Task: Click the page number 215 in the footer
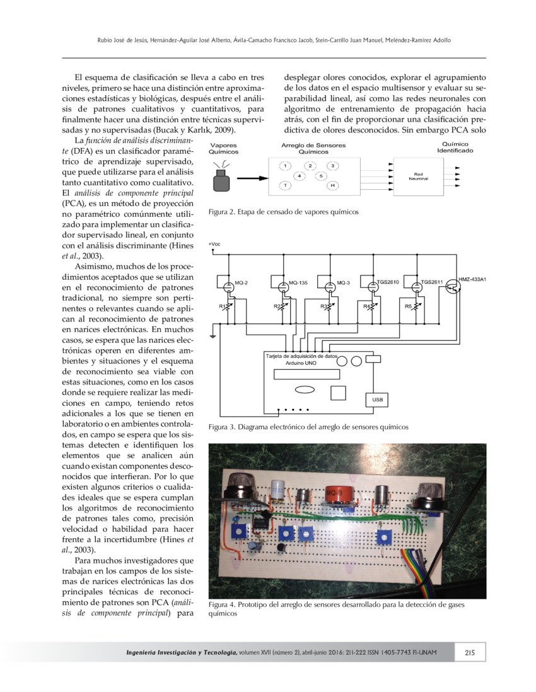point(469,652)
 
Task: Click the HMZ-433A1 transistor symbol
point(451,287)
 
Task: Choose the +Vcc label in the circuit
point(214,244)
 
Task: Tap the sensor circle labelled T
point(286,185)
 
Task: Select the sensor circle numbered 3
point(333,165)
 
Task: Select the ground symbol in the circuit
point(215,336)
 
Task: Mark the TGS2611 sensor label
point(433,283)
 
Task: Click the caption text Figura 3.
point(220,427)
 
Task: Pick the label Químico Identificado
point(451,147)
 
